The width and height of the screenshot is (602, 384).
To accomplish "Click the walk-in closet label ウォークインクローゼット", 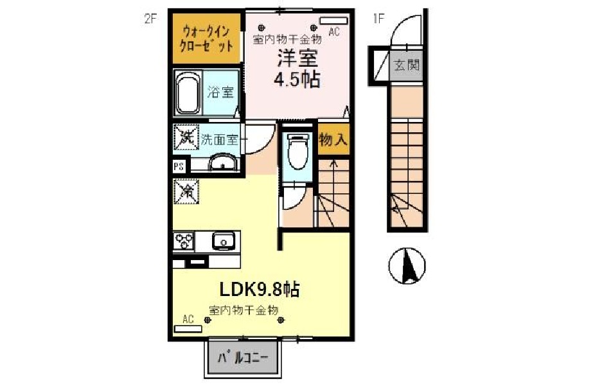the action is tap(207, 39).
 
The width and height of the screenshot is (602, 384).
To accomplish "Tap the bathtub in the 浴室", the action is tap(188, 93).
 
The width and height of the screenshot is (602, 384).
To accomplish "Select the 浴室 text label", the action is tap(220, 92).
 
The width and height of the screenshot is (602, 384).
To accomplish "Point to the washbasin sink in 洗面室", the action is tap(223, 162).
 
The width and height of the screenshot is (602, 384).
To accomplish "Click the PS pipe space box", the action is tap(179, 166).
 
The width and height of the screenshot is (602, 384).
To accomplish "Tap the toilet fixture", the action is tap(298, 151).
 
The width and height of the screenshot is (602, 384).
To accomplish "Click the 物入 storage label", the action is tap(333, 139).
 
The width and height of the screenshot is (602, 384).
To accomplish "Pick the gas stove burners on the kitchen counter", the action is tap(184, 241).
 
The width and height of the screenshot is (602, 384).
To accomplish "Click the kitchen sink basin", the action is tap(224, 241).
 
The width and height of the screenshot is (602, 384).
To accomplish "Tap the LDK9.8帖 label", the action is tap(260, 289).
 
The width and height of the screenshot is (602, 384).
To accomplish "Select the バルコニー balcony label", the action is tap(243, 358).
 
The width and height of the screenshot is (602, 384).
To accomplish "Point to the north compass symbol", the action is tap(407, 265).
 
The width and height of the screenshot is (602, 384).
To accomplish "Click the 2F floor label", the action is tap(151, 19).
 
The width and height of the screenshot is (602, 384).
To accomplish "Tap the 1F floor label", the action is tap(379, 19).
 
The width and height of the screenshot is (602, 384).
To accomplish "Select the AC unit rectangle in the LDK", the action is tap(188, 329).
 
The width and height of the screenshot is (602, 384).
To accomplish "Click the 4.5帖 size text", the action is tap(297, 80).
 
